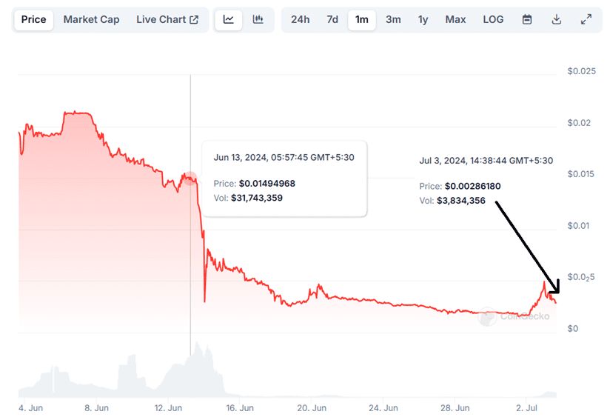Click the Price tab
(x=33, y=20)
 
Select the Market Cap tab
(x=91, y=20)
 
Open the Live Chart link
(x=167, y=20)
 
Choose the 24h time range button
(x=300, y=20)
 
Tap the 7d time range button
(x=332, y=20)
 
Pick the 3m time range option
(x=393, y=20)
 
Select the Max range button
(x=455, y=20)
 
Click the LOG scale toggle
(x=493, y=20)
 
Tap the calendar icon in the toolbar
(x=527, y=20)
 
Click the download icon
(x=557, y=20)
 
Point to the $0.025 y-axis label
(x=580, y=71)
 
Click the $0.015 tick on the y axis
(x=580, y=174)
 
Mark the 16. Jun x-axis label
(x=241, y=408)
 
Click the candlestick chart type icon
(x=258, y=20)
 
